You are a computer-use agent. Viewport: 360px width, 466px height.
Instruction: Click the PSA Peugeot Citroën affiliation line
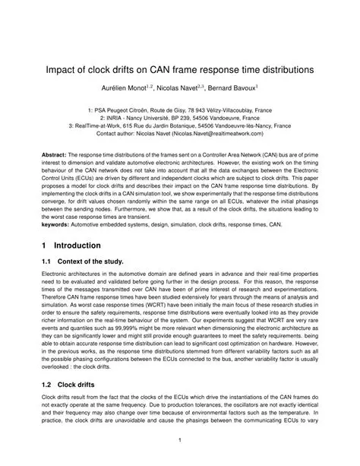180,109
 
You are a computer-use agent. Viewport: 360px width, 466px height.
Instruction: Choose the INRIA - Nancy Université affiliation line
180,118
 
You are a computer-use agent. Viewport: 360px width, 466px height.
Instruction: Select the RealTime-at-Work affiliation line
180,125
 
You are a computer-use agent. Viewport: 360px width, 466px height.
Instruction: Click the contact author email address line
180,134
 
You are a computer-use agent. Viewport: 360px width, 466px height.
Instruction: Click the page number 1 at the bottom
180,440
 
